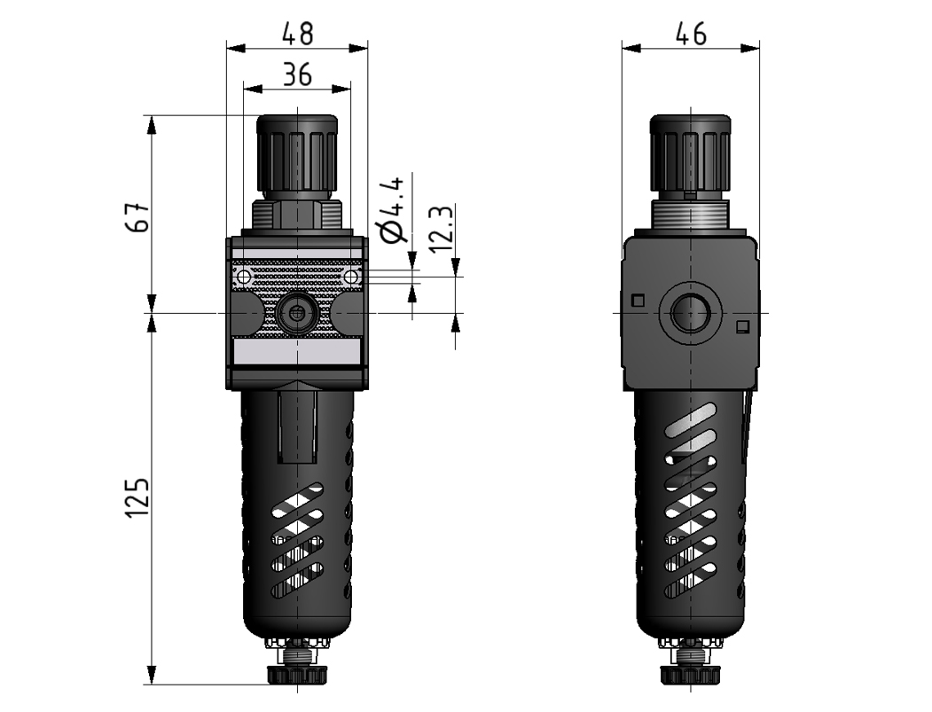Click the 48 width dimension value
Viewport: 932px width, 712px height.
pyautogui.click(x=297, y=34)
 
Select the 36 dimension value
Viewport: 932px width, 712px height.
pyautogui.click(x=297, y=75)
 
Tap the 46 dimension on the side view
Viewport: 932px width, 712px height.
pyautogui.click(x=691, y=34)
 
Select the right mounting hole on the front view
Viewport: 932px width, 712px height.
pyautogui.click(x=351, y=277)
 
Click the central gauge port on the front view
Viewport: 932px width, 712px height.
pyautogui.click(x=297, y=312)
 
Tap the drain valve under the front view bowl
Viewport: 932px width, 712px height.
pyautogui.click(x=297, y=669)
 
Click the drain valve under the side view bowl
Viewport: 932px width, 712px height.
pyautogui.click(x=691, y=669)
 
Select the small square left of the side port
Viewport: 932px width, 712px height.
pyautogui.click(x=637, y=300)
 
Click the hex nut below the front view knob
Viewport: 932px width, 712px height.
pyautogui.click(x=297, y=214)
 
